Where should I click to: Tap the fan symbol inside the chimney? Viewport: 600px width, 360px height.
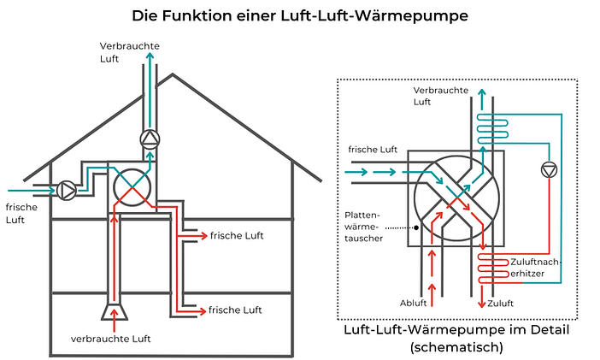pos(150,139)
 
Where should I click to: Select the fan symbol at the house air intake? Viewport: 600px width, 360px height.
pos(68,189)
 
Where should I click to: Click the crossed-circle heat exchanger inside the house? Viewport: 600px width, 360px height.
pos(132,184)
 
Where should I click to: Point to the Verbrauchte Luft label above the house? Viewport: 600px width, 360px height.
pos(129,52)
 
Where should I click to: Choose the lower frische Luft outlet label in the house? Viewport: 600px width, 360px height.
pos(236,309)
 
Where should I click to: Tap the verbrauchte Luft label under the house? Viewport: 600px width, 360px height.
pos(110,339)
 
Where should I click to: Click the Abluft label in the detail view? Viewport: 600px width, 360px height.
pos(413,303)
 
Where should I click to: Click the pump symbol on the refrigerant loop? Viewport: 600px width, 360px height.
pos(547,169)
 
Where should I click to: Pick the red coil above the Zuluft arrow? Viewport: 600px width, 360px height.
pos(493,269)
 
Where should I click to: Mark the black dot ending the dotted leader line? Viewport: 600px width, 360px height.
pos(415,227)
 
